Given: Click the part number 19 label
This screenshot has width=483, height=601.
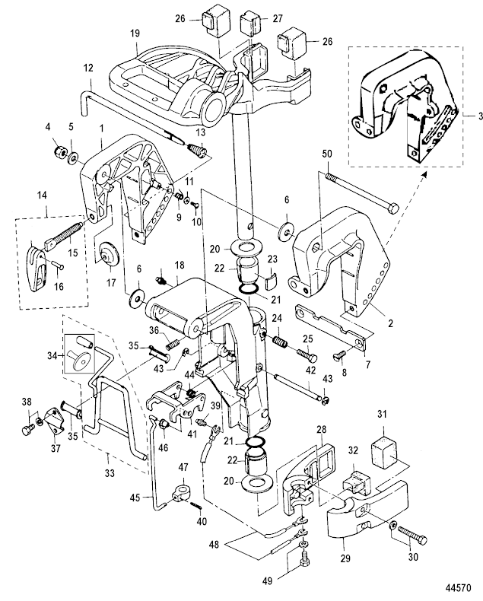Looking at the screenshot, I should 134,34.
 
